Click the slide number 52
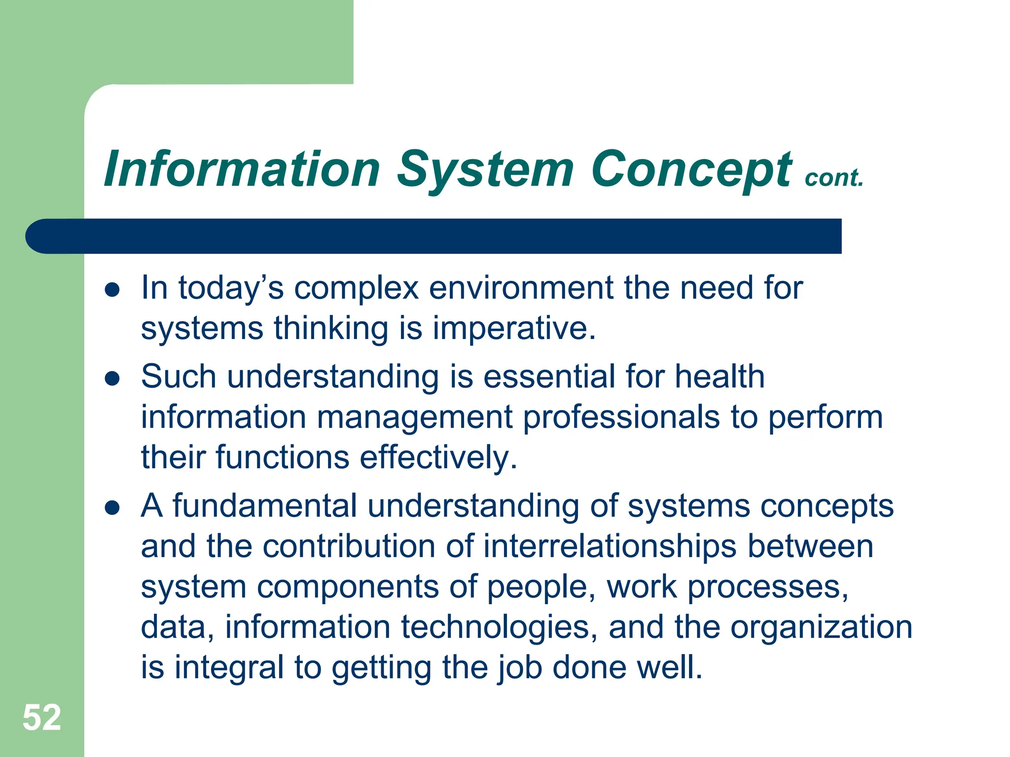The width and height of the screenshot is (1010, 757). click(x=42, y=718)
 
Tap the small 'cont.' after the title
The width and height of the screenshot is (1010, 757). click(x=834, y=178)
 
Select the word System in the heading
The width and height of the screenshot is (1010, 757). click(x=485, y=170)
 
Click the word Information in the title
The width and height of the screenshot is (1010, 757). click(x=242, y=170)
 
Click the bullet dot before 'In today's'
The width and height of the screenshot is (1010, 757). click(x=112, y=290)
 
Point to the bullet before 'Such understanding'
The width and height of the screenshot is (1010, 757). click(x=112, y=378)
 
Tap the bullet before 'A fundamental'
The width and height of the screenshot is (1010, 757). click(x=112, y=508)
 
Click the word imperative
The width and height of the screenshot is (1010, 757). click(x=514, y=329)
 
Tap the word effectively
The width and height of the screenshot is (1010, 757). click(x=438, y=458)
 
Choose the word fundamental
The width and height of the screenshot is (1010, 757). click(x=265, y=506)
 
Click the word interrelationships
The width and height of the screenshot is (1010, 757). click(x=610, y=547)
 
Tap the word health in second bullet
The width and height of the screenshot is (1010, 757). click(x=720, y=377)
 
